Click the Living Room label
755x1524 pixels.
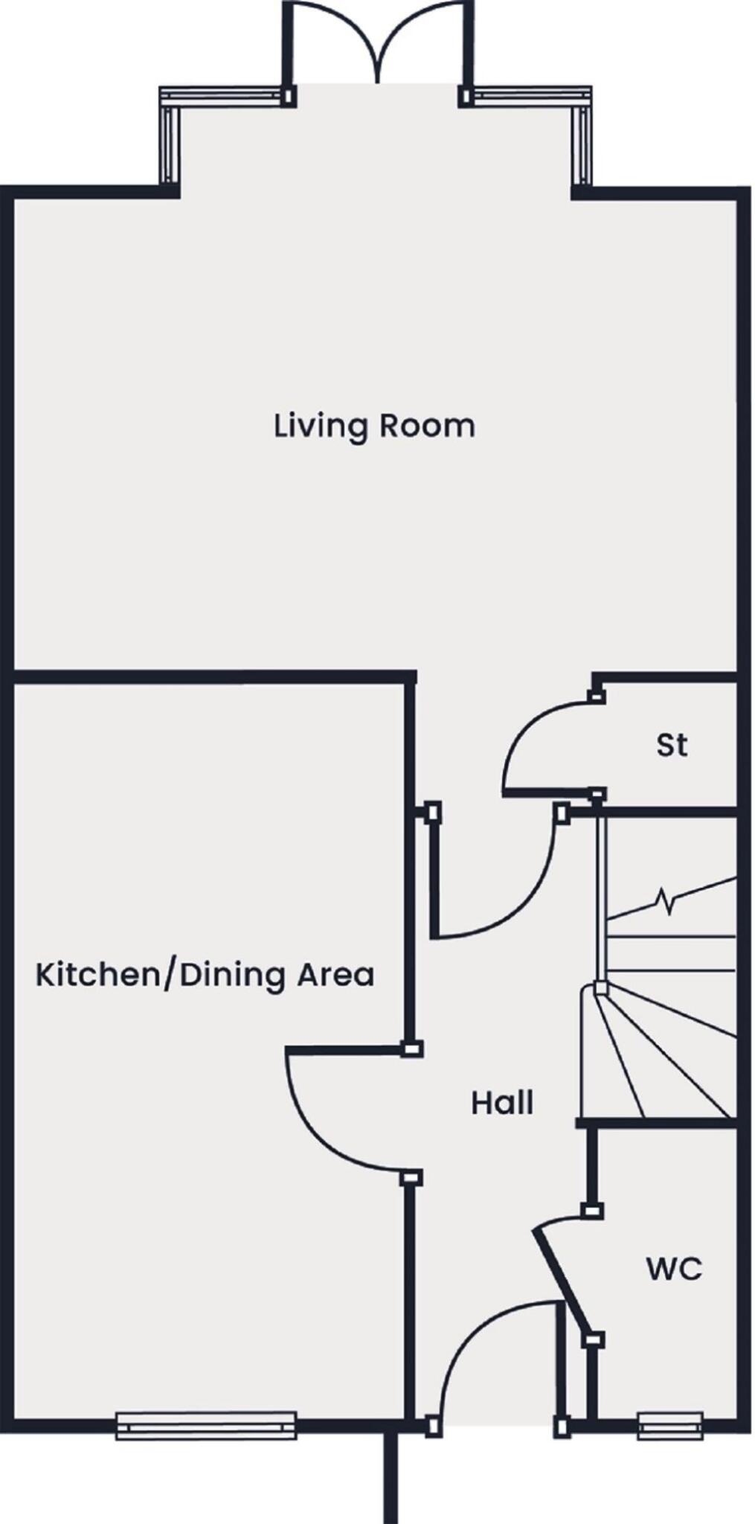click(374, 426)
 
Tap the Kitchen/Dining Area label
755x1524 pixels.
click(205, 974)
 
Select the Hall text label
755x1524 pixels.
click(502, 1102)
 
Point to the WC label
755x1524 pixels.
click(674, 1269)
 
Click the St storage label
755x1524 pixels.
click(672, 745)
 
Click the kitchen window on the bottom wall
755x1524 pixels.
click(206, 1426)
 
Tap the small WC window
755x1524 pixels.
click(670, 1426)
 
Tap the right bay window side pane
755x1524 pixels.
click(582, 145)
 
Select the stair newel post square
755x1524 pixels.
click(600, 989)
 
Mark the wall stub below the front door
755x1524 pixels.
click(391, 1477)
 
